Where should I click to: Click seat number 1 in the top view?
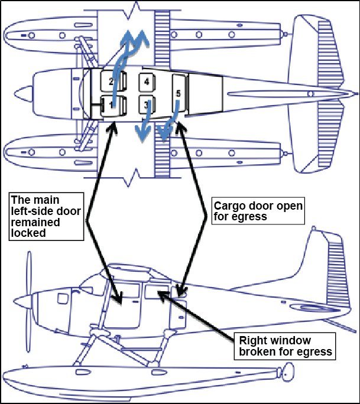109,105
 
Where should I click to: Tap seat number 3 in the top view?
147,105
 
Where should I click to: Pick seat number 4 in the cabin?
147,82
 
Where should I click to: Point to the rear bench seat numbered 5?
179,93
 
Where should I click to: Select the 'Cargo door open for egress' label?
258,211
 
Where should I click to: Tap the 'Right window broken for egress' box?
285,346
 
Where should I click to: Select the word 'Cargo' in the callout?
228,206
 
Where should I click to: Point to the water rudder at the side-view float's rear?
287,373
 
